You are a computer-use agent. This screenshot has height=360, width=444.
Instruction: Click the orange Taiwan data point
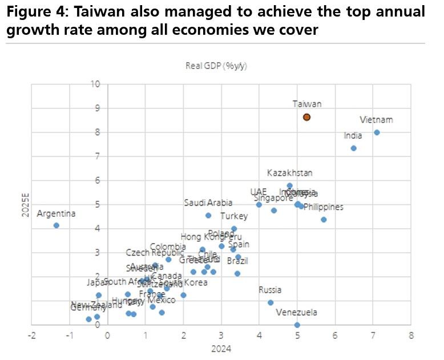(x=306, y=117)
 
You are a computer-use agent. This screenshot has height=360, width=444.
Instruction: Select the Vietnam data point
(x=377, y=132)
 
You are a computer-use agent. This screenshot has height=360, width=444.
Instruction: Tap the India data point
(x=353, y=148)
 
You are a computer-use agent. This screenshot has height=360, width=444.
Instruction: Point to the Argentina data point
(x=56, y=225)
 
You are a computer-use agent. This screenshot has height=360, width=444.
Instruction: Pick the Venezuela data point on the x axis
(x=297, y=325)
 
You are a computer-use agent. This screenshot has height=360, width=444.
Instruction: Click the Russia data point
(x=271, y=302)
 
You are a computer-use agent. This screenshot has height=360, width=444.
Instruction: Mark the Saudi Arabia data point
(x=208, y=215)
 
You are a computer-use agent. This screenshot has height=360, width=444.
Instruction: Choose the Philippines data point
(x=324, y=220)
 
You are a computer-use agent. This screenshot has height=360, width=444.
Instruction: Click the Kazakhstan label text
(x=289, y=173)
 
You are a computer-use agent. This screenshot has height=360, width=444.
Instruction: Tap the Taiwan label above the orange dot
(x=307, y=104)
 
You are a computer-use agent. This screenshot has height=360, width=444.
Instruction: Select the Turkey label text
(x=234, y=216)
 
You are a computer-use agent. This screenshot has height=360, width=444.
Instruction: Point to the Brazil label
(x=237, y=261)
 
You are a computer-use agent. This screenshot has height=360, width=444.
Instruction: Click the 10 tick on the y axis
(x=95, y=84)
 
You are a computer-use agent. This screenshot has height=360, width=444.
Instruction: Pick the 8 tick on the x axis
(x=410, y=335)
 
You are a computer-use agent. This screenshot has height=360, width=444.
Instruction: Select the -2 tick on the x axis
(x=32, y=335)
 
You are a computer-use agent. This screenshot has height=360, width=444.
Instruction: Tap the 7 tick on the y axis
(x=98, y=156)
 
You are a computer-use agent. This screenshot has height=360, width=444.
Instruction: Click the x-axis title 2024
(x=221, y=349)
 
